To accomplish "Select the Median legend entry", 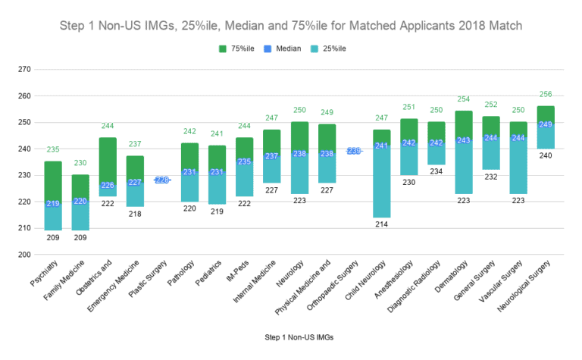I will (x=292, y=49).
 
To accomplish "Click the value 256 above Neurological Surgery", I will (x=545, y=94).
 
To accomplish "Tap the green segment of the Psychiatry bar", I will (x=53, y=181).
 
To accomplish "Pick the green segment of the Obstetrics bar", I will (x=108, y=159).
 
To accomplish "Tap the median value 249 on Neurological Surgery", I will (x=545, y=124).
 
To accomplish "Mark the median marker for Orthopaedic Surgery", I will (x=354, y=151).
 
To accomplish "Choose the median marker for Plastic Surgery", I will (x=162, y=180).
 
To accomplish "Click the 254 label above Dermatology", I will (x=463, y=99).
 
